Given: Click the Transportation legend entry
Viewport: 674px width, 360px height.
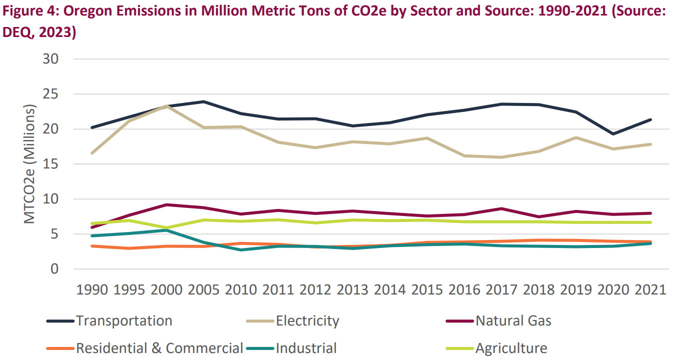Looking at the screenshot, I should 124,320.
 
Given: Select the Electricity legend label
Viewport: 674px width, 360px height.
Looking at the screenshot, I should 307,320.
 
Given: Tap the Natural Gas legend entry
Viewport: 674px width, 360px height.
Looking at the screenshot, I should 513,320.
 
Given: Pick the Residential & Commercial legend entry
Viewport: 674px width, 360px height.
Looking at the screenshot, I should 159,348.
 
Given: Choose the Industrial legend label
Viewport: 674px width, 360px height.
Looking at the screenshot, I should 306,348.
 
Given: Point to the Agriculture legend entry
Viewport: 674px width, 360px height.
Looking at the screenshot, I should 511,348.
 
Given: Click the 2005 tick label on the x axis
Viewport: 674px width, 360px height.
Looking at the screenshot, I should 203,289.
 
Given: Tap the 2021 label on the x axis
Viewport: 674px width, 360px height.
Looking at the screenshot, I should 649,289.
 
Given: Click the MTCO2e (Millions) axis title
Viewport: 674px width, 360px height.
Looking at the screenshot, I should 29,164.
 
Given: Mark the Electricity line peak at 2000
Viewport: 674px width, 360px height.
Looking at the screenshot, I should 166,106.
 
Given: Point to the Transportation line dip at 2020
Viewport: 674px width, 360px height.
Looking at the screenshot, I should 612,134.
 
